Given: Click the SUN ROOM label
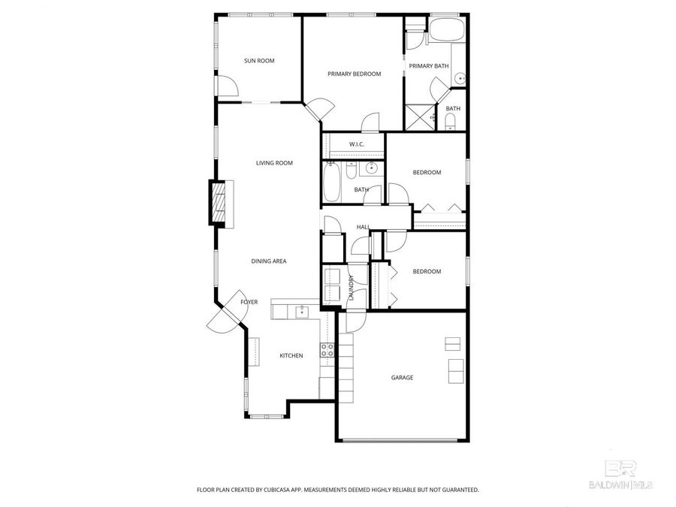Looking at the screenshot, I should [x=259, y=61].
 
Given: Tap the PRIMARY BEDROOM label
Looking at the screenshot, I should [x=354, y=74].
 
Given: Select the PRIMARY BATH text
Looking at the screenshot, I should [x=428, y=66].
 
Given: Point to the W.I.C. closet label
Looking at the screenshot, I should [x=356, y=144].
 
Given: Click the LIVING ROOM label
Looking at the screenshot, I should [x=274, y=163].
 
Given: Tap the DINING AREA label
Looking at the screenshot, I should [x=269, y=261].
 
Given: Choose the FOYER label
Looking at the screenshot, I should [x=249, y=302].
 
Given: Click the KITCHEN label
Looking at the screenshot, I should [x=291, y=355].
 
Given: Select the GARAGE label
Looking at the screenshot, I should [x=402, y=377].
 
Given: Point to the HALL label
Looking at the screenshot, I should [x=364, y=227].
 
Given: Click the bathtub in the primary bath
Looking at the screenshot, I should [x=448, y=32].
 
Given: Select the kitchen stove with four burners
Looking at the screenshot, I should [x=327, y=349].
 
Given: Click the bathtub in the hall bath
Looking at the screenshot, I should [x=331, y=183].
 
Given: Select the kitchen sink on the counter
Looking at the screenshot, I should [x=303, y=309].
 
